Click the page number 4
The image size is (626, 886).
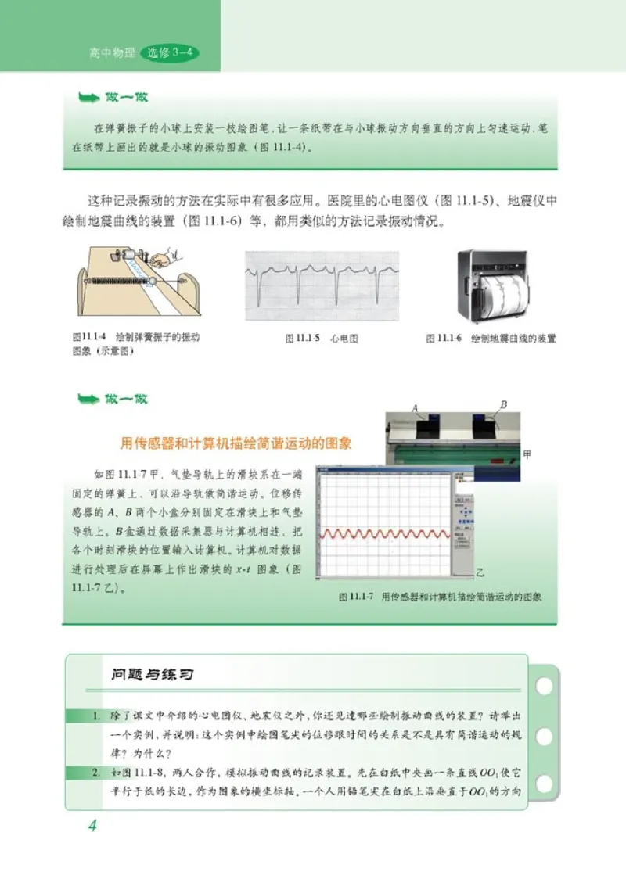(92, 826)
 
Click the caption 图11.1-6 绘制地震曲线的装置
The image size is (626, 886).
(491, 339)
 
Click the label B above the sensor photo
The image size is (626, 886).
(504, 404)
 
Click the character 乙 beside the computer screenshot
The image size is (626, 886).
(481, 572)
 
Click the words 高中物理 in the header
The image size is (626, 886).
(112, 54)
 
